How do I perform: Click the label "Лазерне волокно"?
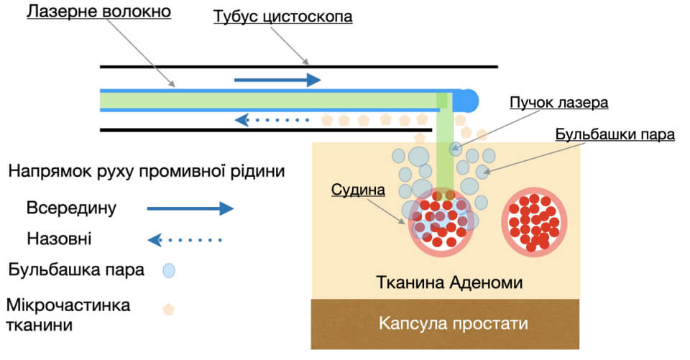coord(99,11)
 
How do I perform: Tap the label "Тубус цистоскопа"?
coord(283,17)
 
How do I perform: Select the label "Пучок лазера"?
coord(559,103)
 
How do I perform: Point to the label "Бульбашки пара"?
coord(615,134)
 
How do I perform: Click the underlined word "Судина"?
coord(358,190)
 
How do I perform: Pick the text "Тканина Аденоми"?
coord(449,282)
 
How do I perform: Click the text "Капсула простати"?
coord(454,323)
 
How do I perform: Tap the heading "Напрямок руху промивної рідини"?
coord(147,171)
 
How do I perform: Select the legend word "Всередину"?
coord(71,208)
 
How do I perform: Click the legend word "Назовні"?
coord(59,239)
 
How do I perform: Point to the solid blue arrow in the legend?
coord(190,208)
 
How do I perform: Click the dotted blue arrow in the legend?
coord(185,240)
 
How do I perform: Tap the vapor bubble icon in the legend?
coord(169,270)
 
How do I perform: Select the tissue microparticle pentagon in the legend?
coord(168,310)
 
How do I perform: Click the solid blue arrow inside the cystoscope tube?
coord(277,80)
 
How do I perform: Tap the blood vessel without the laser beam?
coord(534,222)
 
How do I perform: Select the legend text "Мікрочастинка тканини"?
coord(68,315)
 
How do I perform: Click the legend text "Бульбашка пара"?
coord(76,269)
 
